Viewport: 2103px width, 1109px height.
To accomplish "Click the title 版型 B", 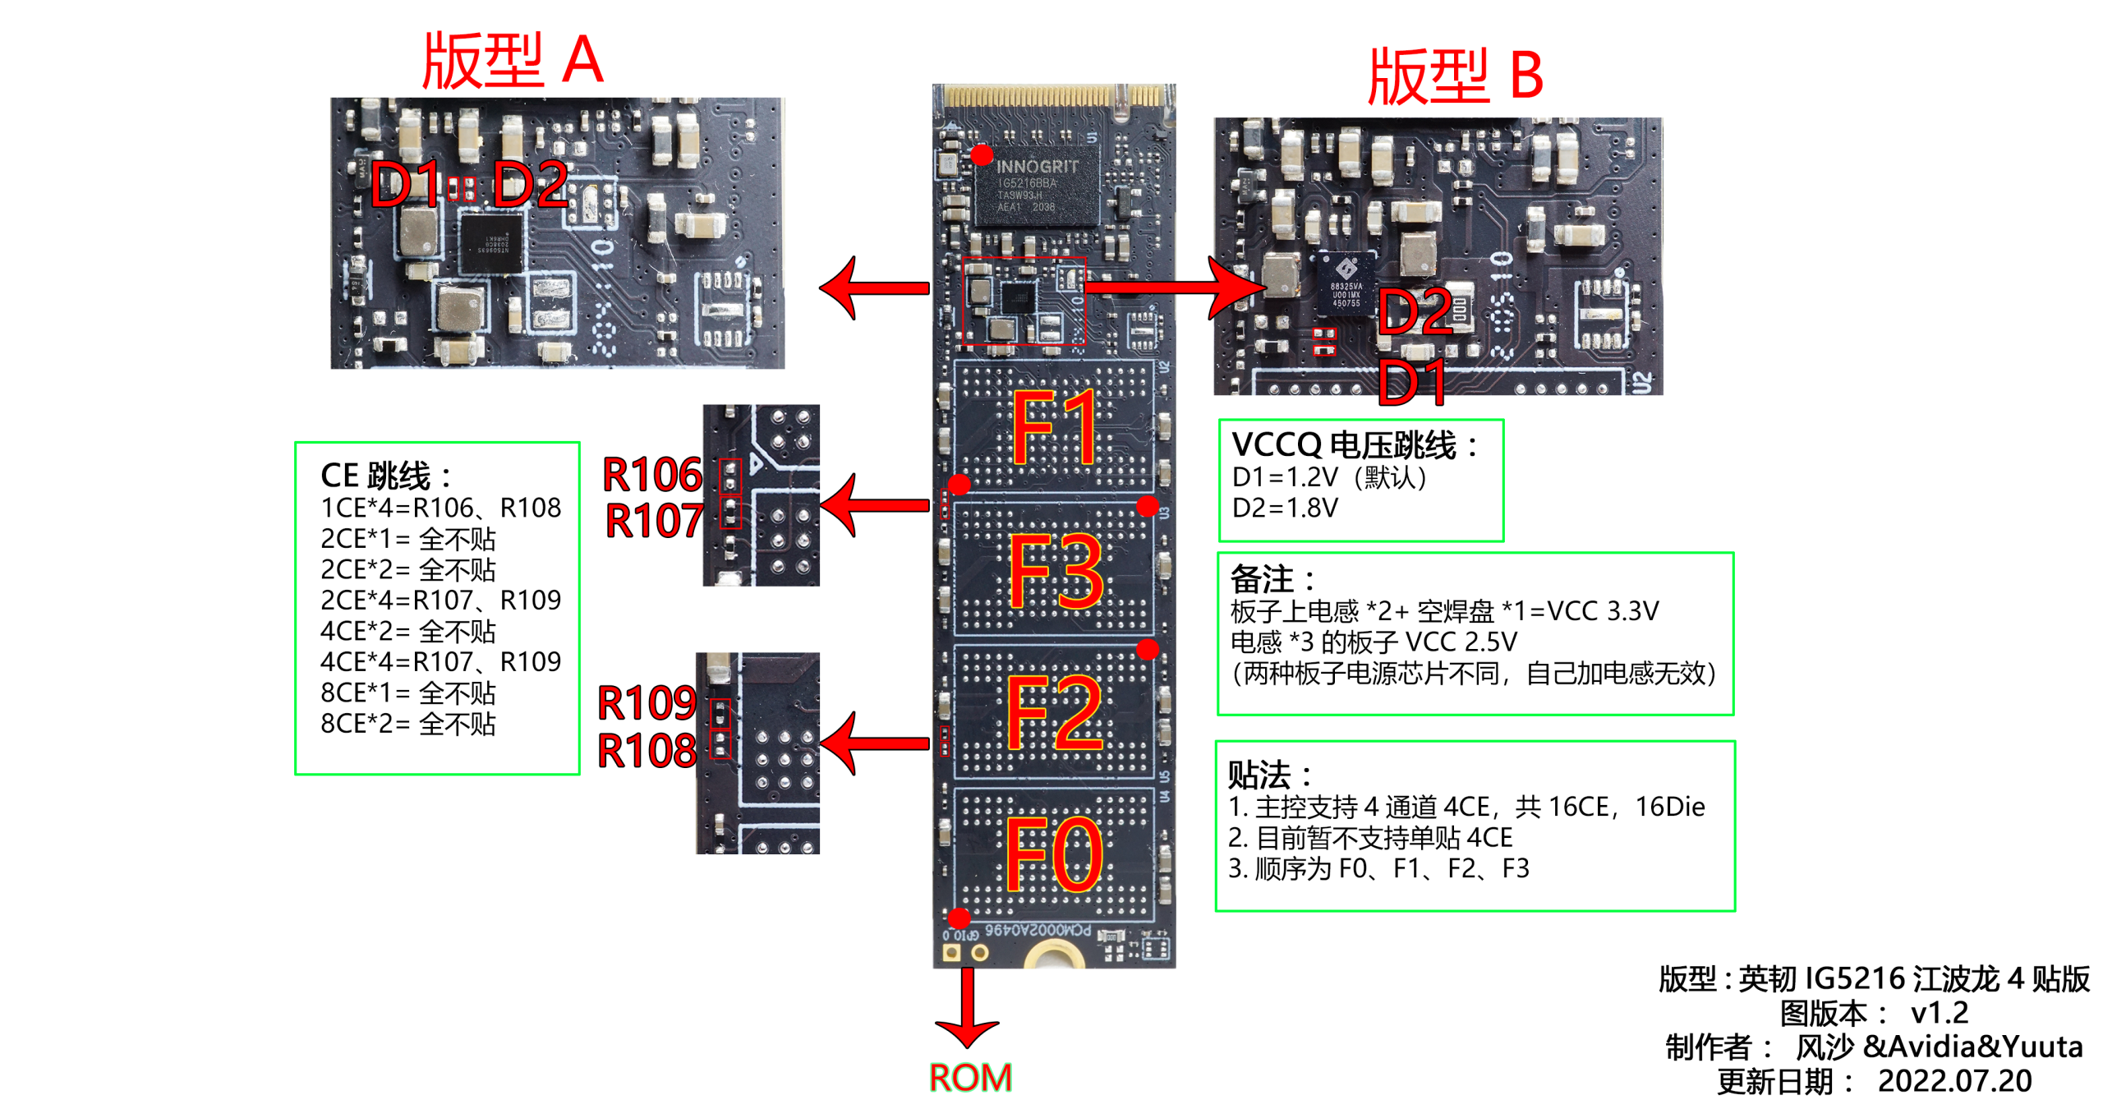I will coord(1454,76).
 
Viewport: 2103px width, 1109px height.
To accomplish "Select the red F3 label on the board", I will coord(1056,572).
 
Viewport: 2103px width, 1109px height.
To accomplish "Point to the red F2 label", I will coord(1054,713).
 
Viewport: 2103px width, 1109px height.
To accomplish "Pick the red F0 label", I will coord(1054,854).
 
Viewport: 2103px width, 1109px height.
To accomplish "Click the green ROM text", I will coord(969,1077).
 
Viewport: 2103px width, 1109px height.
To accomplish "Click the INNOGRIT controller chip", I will coord(1036,186).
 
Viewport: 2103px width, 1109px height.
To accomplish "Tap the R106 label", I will coord(652,474).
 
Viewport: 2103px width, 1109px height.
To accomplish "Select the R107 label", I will coord(654,520).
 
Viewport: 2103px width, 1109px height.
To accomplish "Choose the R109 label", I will coord(647,702).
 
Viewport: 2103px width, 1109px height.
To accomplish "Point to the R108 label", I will coord(647,750).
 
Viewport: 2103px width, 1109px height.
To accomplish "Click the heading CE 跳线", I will coord(384,476).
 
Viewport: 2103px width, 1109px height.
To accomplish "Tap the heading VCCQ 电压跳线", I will coord(1354,444).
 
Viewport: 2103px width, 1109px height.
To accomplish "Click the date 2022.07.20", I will coord(1953,1080).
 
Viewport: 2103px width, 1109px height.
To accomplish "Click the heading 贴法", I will coord(1268,774).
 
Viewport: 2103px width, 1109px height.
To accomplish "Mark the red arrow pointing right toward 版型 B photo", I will coord(1175,288).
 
